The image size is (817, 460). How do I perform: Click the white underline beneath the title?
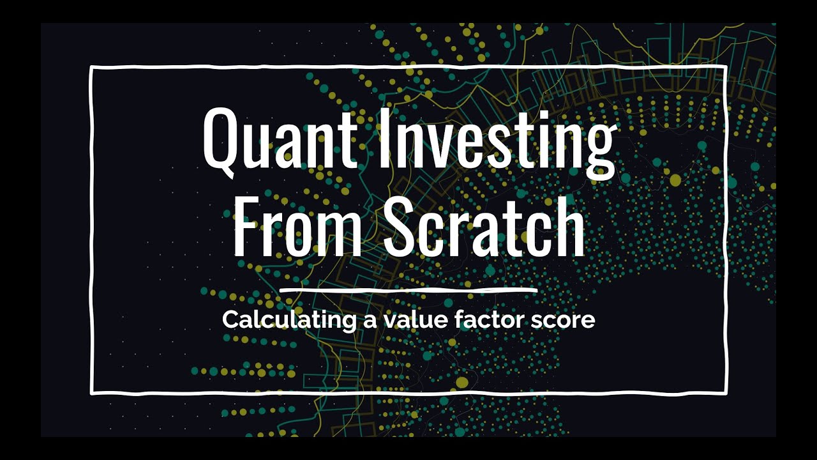click(408, 291)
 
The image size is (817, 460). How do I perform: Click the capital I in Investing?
click(386, 137)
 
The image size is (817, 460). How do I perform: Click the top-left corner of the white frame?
click(91, 66)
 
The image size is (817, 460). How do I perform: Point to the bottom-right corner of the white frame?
click(726, 391)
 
